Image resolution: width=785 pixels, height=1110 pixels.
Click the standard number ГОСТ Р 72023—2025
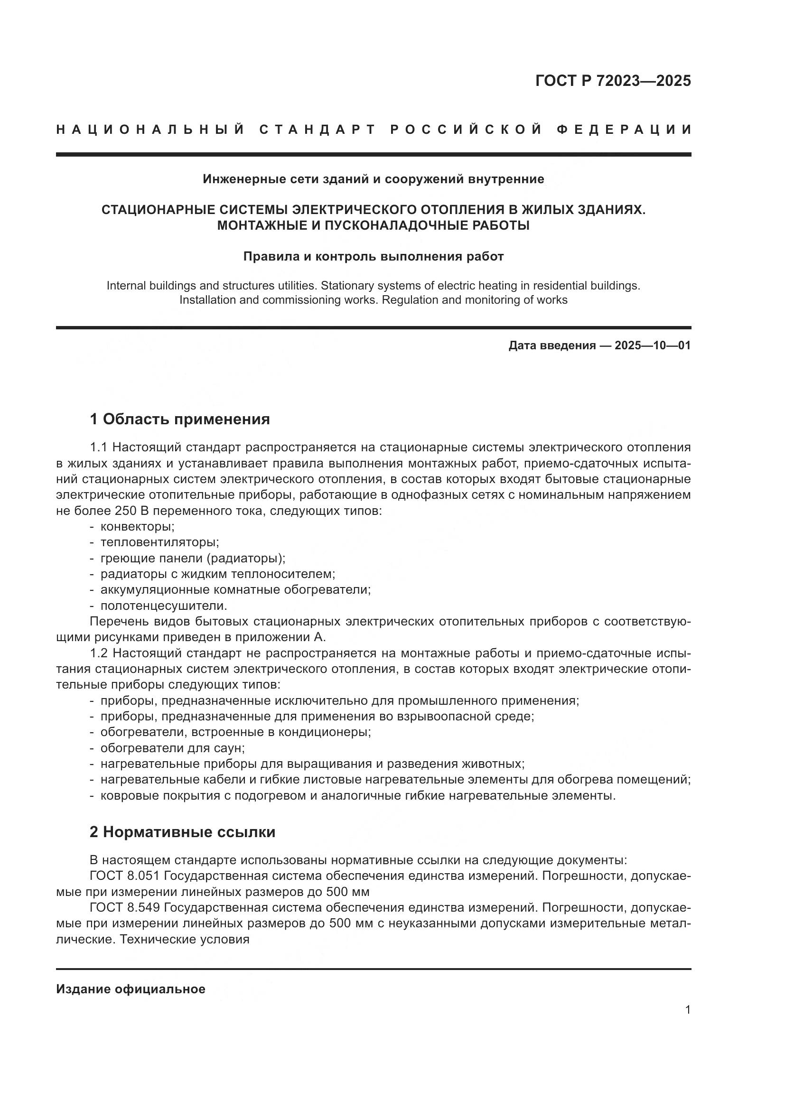(x=612, y=81)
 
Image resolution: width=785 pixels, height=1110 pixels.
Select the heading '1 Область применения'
(x=179, y=419)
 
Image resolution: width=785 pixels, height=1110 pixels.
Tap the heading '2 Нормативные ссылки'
(x=182, y=832)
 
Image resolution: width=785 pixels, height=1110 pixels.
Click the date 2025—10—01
(x=653, y=345)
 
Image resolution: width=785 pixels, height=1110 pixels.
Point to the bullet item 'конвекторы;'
(x=137, y=526)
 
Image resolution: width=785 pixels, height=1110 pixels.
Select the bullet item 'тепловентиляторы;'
(x=159, y=542)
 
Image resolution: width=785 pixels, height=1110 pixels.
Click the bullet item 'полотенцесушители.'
(x=163, y=606)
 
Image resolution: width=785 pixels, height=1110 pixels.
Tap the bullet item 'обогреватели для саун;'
(x=173, y=748)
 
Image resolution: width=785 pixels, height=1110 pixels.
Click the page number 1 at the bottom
(x=687, y=1010)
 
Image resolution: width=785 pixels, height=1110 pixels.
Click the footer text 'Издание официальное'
(x=131, y=989)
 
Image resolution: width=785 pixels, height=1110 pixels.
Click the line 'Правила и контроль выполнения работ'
(x=373, y=256)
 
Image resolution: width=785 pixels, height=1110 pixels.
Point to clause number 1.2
(x=99, y=653)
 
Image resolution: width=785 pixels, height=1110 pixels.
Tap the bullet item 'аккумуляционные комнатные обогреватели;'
(x=235, y=590)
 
